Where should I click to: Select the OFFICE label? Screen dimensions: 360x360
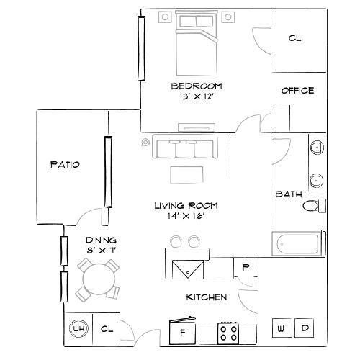(297, 91)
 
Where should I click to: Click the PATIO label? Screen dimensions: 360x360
(65, 165)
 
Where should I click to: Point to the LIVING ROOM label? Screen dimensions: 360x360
(186, 205)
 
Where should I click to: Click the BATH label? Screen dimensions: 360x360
(289, 194)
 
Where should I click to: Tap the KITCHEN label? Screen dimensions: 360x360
(207, 297)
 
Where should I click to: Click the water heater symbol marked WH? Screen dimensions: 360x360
(77, 329)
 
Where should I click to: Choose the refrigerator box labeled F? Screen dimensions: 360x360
(182, 332)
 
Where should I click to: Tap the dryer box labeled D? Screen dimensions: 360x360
(305, 328)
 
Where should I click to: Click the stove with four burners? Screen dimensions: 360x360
(230, 333)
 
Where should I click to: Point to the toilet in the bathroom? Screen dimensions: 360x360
(312, 207)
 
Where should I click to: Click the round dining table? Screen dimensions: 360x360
(96, 278)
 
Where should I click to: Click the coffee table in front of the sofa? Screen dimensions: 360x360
(186, 174)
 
